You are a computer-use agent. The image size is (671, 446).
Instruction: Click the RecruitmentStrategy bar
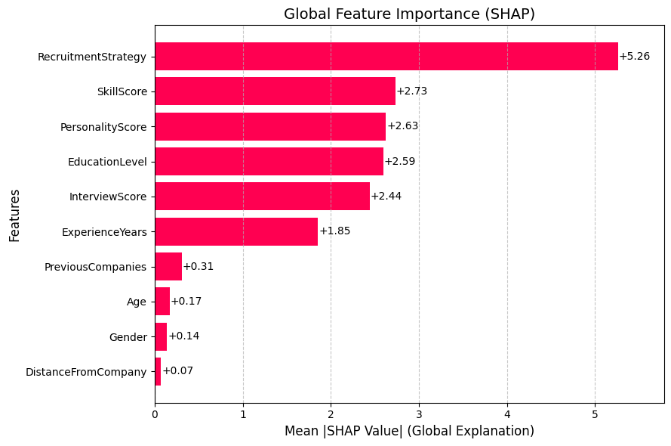pyautogui.click(x=386, y=57)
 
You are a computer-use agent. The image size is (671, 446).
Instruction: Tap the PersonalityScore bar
pyautogui.click(x=270, y=126)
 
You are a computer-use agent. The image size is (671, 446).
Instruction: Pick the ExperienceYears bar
pyautogui.click(x=236, y=231)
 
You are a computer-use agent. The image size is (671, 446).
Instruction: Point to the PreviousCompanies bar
pyautogui.click(x=168, y=266)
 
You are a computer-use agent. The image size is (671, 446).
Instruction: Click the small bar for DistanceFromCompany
pyautogui.click(x=158, y=371)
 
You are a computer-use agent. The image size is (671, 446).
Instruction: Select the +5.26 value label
pyautogui.click(x=634, y=57)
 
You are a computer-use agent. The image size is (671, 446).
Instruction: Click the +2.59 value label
pyautogui.click(x=400, y=161)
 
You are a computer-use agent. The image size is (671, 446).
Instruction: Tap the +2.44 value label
pyautogui.click(x=386, y=197)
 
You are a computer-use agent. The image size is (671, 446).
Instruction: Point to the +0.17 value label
pyautogui.click(x=186, y=302)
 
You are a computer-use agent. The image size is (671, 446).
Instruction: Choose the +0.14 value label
pyautogui.click(x=183, y=336)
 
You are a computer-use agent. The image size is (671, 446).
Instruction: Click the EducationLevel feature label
pyautogui.click(x=107, y=162)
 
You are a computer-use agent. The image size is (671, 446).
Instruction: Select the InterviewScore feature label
pyautogui.click(x=108, y=197)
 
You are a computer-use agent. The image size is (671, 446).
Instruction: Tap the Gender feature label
pyautogui.click(x=128, y=337)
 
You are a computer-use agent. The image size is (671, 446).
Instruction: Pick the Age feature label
pyautogui.click(x=137, y=302)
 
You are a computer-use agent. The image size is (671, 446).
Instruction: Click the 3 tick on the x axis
pyautogui.click(x=419, y=414)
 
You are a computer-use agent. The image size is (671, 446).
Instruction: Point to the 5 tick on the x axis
pyautogui.click(x=595, y=414)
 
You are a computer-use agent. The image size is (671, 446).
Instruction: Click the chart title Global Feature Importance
pyautogui.click(x=409, y=14)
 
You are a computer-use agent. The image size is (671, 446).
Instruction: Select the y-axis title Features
pyautogui.click(x=14, y=215)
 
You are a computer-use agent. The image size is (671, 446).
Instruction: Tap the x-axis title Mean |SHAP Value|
pyautogui.click(x=409, y=431)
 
